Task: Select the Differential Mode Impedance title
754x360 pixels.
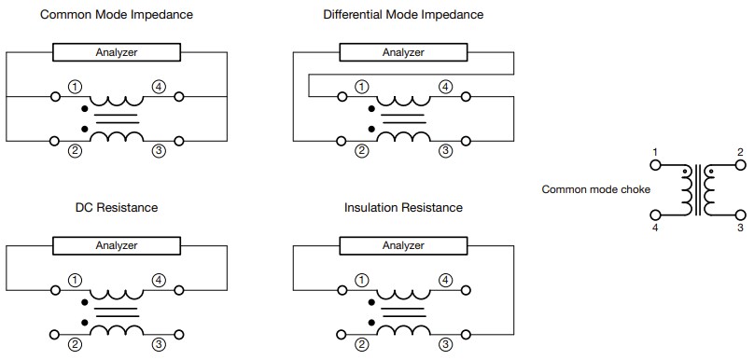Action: (403, 16)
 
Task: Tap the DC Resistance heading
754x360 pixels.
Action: (117, 207)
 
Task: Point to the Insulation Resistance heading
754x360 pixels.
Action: (403, 207)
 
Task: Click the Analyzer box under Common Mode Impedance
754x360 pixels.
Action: (117, 52)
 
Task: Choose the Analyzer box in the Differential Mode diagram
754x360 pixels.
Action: (403, 52)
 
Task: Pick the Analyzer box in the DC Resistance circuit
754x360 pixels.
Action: (117, 245)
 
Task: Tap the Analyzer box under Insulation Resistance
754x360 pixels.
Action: (403, 245)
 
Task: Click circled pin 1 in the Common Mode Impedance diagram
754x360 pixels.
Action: (74, 87)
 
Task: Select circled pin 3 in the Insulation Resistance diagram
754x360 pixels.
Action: (445, 344)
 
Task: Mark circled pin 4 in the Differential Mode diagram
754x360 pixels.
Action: (445, 87)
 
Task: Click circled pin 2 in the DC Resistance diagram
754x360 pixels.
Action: (74, 344)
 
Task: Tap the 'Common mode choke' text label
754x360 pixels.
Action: (596, 189)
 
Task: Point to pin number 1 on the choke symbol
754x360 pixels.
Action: (656, 152)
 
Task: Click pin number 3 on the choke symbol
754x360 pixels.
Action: (740, 227)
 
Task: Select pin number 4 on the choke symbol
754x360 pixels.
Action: (656, 227)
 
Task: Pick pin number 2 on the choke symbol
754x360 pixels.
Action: (740, 152)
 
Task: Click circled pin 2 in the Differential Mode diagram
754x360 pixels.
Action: (361, 150)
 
